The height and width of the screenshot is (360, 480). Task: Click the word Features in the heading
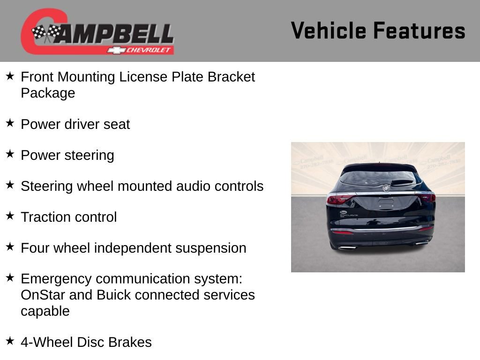pos(419,31)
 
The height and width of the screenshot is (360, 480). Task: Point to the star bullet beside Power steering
pos(10,154)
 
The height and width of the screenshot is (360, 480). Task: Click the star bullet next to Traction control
pos(10,216)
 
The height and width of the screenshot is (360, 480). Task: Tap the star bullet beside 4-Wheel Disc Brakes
pos(10,341)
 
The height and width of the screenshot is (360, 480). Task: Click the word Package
pos(48,93)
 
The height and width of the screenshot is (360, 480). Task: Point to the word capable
pos(45,311)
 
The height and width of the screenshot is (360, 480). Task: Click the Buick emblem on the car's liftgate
pos(386,188)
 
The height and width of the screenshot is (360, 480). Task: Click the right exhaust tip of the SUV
pos(421,243)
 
